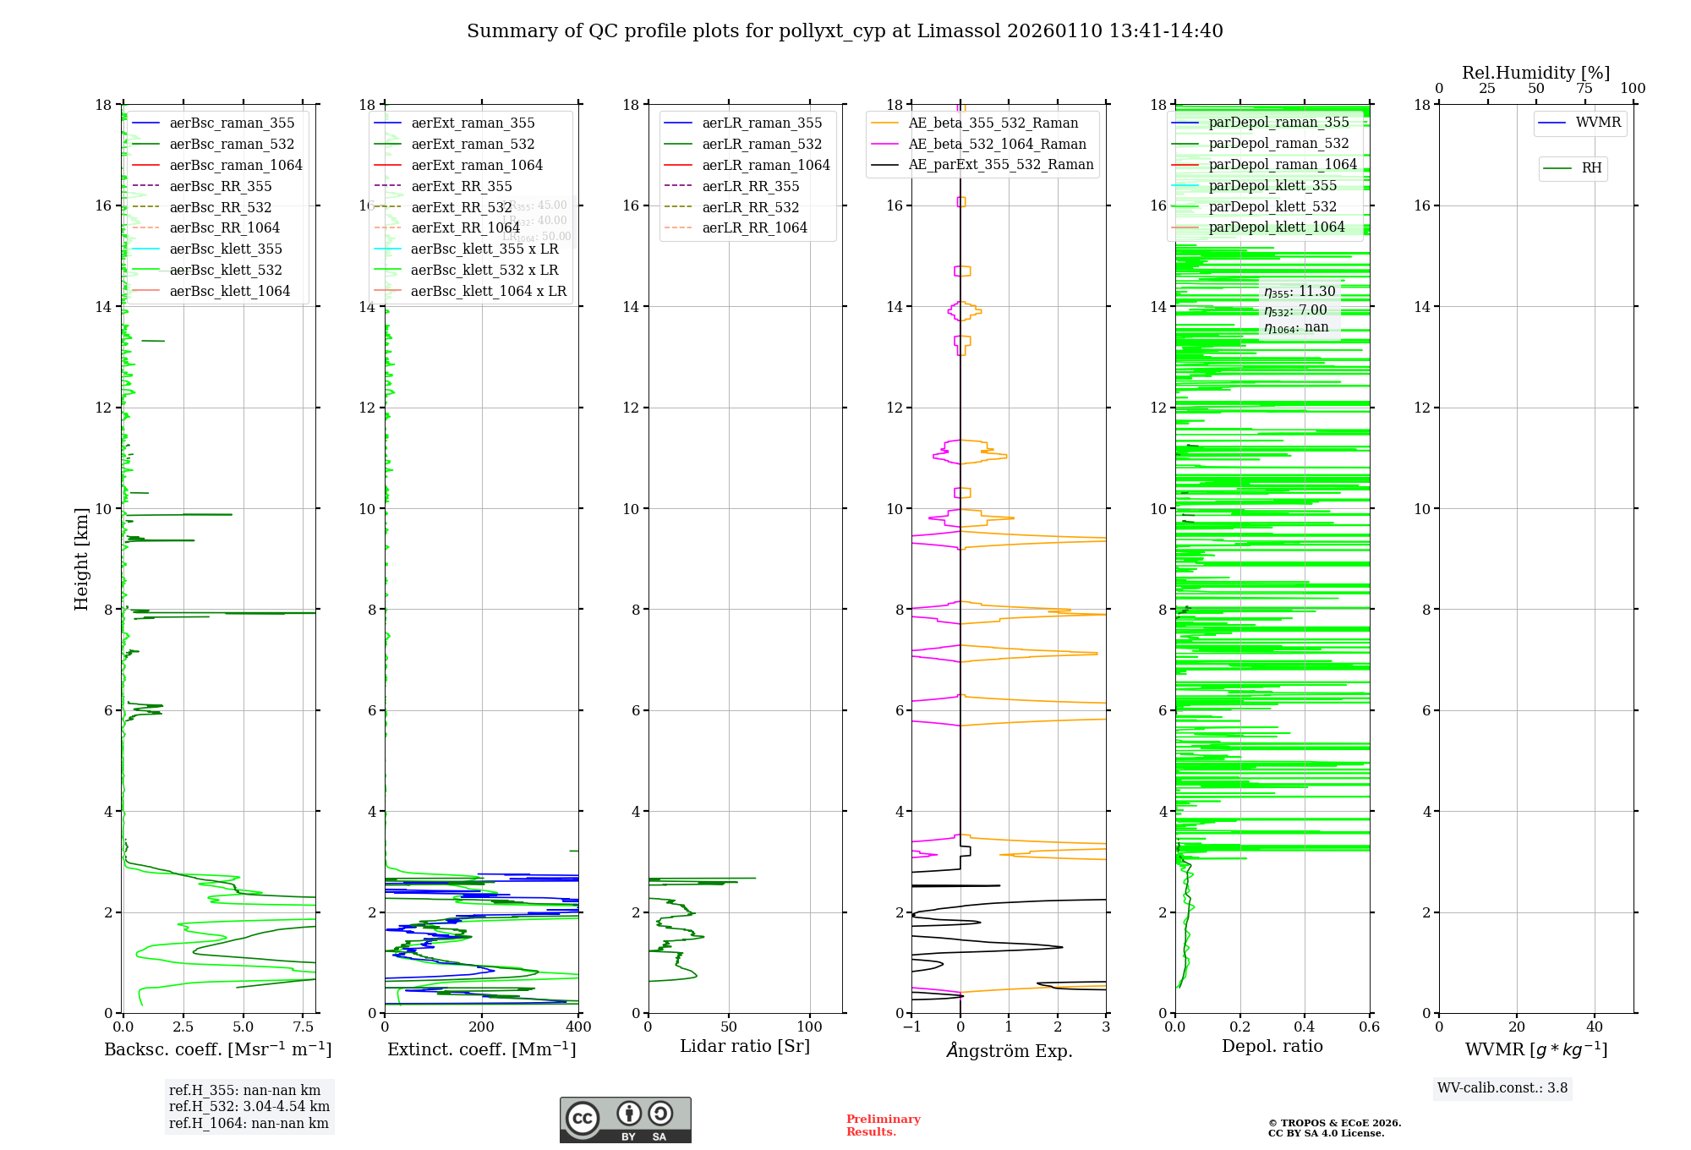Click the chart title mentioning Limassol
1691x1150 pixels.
[x=845, y=31]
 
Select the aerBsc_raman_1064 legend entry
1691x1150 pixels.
[x=235, y=165]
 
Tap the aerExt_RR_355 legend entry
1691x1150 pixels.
[x=461, y=186]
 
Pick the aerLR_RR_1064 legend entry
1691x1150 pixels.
[x=754, y=227]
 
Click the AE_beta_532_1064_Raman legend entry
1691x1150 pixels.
[x=997, y=144]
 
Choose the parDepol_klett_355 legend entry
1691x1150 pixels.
[x=1272, y=185]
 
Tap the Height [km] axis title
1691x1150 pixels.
[x=81, y=558]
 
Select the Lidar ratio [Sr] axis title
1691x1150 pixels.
[x=745, y=1046]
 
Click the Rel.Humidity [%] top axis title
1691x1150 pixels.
[x=1535, y=73]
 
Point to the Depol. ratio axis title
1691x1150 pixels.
[x=1272, y=1046]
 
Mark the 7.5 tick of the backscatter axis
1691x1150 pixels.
[x=303, y=1027]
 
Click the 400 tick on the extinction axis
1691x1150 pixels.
[x=578, y=1027]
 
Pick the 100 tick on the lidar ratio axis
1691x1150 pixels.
[x=810, y=1027]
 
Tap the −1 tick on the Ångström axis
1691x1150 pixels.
[x=911, y=1027]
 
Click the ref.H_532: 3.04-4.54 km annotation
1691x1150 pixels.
[x=249, y=1107]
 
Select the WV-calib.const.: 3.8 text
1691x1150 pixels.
[x=1502, y=1088]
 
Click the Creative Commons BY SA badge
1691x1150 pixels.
[x=625, y=1120]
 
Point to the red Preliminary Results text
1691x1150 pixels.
[x=883, y=1125]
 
